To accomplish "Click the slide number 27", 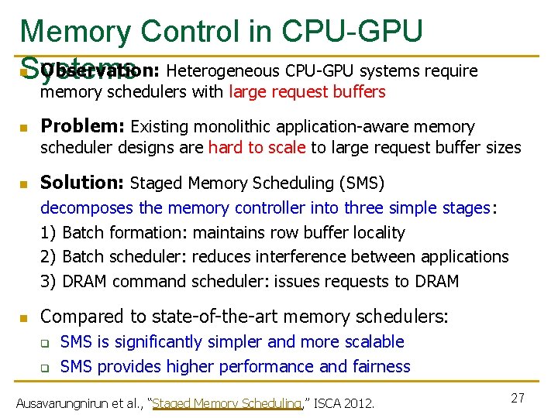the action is (518, 398).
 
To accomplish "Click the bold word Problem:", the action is (83, 126).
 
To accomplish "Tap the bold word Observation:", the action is (100, 71).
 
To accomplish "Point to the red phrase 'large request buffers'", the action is (307, 92).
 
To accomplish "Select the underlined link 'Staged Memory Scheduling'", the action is (229, 403).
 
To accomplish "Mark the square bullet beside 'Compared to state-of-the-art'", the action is (24, 317).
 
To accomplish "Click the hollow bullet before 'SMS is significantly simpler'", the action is (45, 342).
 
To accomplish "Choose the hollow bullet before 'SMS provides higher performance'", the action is (45, 367).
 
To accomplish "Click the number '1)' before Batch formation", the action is (48, 232).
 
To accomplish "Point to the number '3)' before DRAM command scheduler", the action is (48, 282).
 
